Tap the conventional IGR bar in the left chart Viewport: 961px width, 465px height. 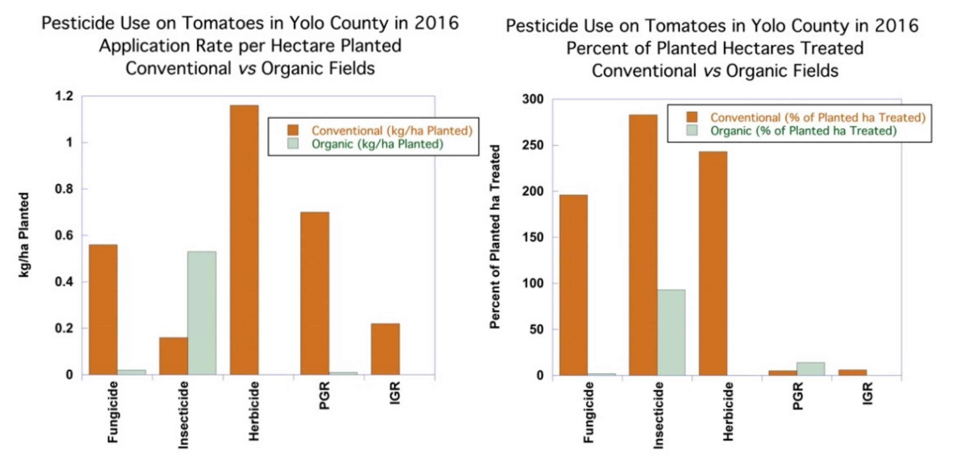click(385, 349)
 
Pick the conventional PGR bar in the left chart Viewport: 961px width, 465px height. click(314, 293)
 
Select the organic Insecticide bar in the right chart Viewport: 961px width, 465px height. click(671, 332)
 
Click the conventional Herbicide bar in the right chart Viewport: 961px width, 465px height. click(713, 263)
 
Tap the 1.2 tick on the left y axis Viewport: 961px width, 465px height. click(64, 96)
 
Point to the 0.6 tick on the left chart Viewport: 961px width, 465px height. click(64, 236)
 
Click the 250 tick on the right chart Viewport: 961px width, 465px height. click(533, 145)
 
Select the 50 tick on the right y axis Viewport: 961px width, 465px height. click(536, 329)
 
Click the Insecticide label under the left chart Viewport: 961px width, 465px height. click(183, 414)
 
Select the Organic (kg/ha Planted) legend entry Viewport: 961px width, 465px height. click(377, 144)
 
